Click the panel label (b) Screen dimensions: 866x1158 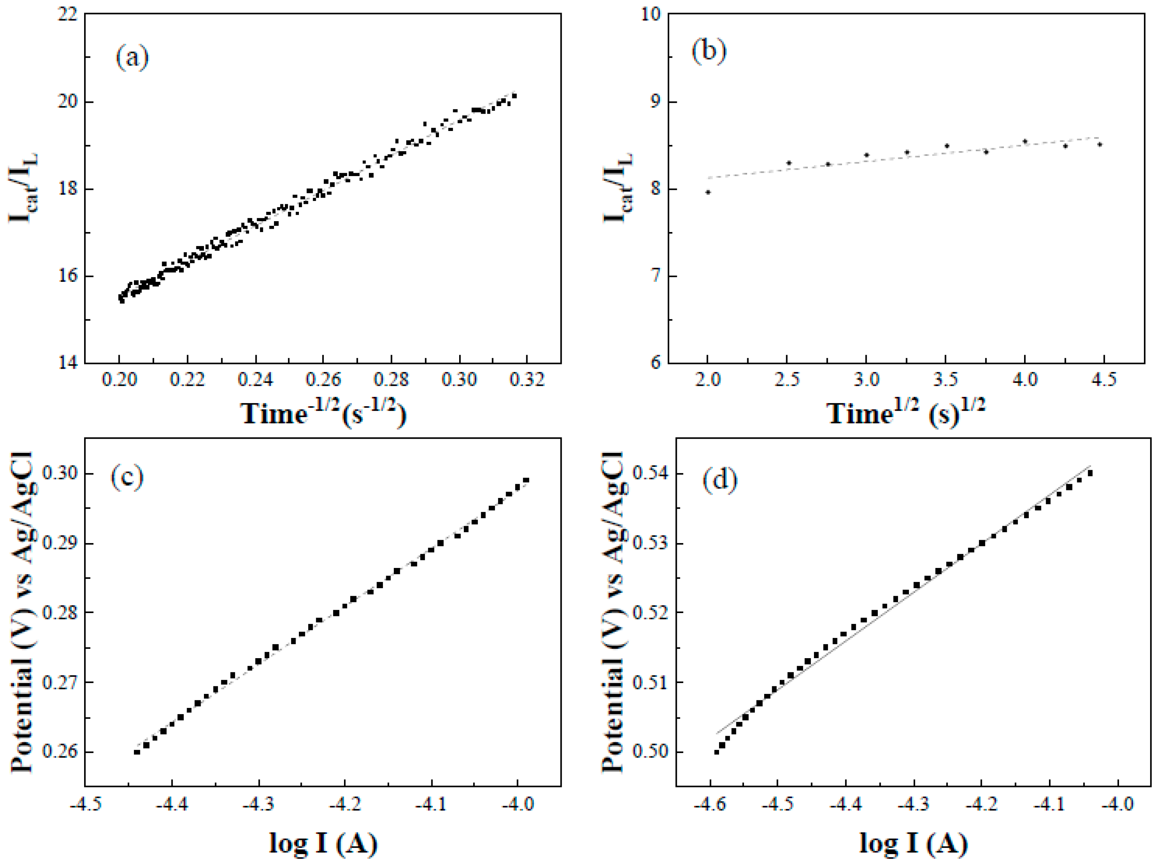click(x=709, y=51)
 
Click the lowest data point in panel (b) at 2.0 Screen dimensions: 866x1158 click(x=708, y=192)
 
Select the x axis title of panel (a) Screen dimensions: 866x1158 click(x=323, y=414)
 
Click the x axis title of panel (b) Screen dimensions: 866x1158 click(x=906, y=414)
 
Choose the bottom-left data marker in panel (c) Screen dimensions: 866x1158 click(x=137, y=752)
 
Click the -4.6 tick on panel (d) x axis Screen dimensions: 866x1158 click(x=710, y=804)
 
